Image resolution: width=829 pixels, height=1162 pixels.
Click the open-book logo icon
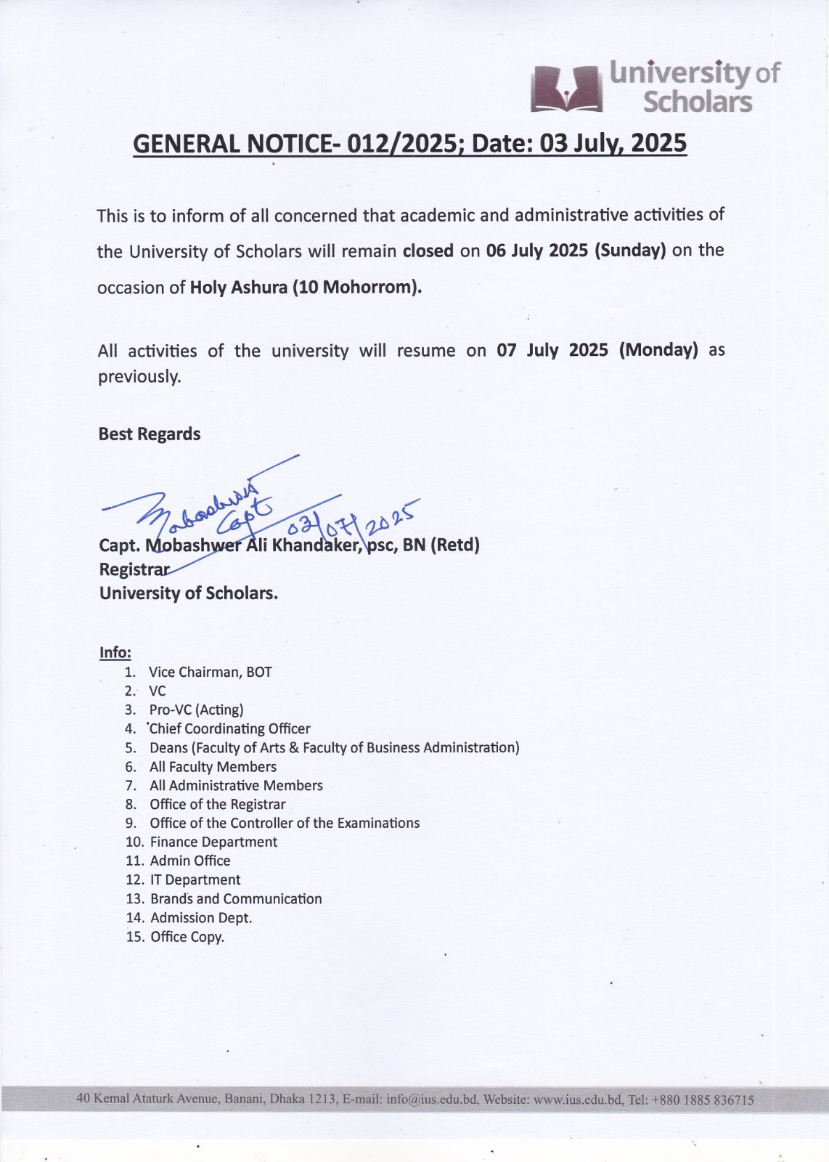567,89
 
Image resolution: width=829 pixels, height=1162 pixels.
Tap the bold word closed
428,251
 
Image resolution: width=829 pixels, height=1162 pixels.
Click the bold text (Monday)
658,351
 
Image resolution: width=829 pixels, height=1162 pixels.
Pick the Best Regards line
150,434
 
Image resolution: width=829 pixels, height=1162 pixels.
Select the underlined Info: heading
115,652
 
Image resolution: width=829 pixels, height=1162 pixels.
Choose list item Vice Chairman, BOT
211,673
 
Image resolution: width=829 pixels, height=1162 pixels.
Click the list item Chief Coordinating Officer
230,729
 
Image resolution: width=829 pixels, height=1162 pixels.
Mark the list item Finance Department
213,842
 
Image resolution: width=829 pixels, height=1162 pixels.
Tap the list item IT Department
195,880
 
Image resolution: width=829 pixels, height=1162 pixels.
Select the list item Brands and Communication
236,899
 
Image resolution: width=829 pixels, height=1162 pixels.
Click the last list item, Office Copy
187,937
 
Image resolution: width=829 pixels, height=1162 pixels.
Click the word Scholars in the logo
698,102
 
